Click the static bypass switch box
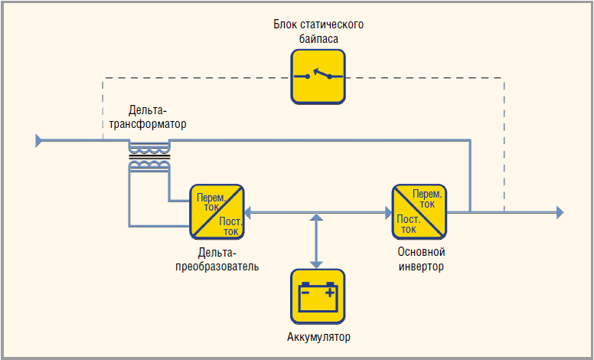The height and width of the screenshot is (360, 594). [x=318, y=77]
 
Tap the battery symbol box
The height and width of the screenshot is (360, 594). [x=318, y=296]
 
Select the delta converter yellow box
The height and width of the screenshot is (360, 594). [x=217, y=212]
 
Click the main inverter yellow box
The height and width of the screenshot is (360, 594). [x=419, y=212]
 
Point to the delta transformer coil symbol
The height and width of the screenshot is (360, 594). [x=149, y=156]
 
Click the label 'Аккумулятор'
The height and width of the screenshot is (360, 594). [x=318, y=337]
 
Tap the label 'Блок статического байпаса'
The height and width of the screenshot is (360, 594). [x=318, y=31]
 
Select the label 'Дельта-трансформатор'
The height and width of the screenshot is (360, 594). [x=148, y=117]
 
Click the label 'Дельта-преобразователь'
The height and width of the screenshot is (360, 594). [x=217, y=260]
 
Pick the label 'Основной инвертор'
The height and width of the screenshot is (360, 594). [x=421, y=259]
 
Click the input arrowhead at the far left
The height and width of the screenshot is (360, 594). [x=38, y=140]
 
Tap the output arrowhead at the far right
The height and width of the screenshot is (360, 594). [x=560, y=212]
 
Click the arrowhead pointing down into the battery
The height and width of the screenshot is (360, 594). [x=316, y=265]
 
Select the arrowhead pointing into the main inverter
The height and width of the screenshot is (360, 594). [x=388, y=213]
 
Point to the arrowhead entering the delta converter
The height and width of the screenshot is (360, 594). [x=248, y=213]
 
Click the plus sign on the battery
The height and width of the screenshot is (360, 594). [x=331, y=292]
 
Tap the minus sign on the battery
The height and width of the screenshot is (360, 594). [x=305, y=293]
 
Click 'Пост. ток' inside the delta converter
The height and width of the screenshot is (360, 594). [x=230, y=226]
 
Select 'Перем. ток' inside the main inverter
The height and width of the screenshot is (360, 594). [x=427, y=199]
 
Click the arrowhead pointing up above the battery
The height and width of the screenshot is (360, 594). [x=316, y=217]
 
